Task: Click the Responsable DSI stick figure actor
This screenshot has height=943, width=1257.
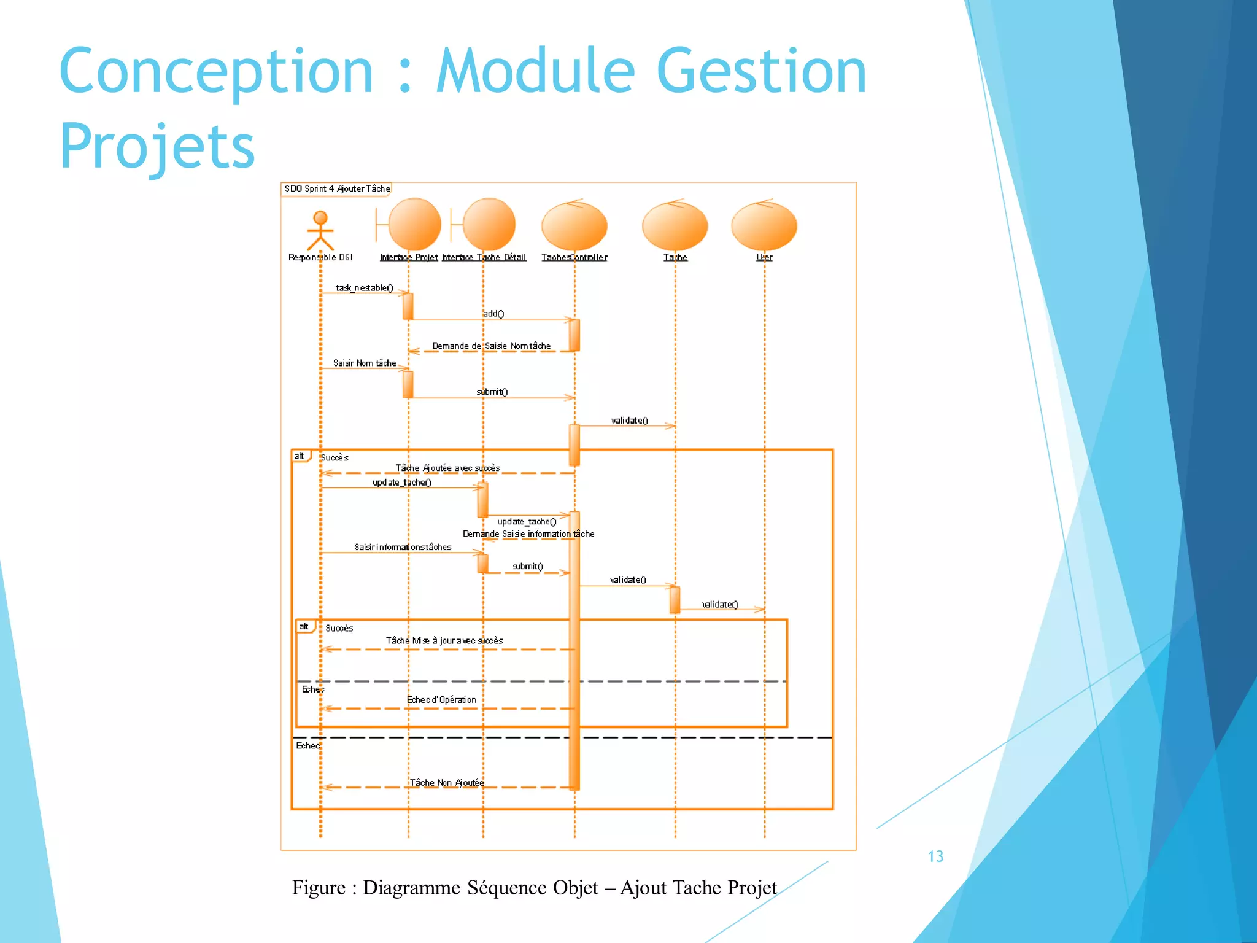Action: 320,231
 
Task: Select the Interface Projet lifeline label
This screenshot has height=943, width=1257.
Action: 408,257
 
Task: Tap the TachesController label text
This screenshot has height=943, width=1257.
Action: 574,257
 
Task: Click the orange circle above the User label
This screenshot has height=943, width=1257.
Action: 764,226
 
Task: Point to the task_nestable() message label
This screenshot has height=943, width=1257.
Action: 364,288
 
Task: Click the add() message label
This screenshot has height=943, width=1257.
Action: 493,314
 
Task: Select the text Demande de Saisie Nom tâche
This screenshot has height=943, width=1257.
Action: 491,346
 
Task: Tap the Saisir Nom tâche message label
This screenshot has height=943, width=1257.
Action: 365,363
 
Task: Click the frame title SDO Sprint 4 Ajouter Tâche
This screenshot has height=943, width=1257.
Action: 337,188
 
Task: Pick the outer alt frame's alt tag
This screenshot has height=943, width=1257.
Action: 300,456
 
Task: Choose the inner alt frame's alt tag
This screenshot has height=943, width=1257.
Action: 304,627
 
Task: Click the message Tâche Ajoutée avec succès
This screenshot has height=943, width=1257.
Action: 447,468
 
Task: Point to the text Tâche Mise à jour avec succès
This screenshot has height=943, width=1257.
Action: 444,641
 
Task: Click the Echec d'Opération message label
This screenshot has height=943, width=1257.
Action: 441,700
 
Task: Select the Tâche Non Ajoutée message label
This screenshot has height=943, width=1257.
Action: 447,783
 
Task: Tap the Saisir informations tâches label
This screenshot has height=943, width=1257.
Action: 403,548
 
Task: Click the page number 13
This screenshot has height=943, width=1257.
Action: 935,856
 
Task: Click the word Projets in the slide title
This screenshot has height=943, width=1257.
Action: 157,146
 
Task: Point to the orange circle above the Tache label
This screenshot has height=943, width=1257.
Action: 675,226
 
